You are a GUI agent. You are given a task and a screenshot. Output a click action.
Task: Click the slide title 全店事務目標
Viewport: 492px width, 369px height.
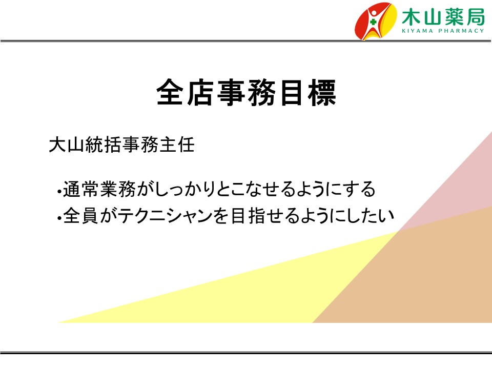pyautogui.click(x=247, y=93)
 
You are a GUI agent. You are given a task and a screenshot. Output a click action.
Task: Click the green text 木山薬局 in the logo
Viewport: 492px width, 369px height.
pyautogui.click(x=443, y=17)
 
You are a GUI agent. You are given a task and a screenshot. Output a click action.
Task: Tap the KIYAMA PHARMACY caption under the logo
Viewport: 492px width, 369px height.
pyautogui.click(x=443, y=31)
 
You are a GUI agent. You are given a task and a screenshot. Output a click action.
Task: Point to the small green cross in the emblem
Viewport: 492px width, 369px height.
pyautogui.click(x=373, y=22)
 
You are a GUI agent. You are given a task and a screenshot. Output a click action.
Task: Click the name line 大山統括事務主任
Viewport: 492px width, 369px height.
pyautogui.click(x=122, y=145)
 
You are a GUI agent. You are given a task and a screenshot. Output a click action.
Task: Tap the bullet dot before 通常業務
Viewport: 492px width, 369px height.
pyautogui.click(x=59, y=191)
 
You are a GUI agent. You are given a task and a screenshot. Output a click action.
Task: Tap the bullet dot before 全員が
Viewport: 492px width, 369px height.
pyautogui.click(x=59, y=218)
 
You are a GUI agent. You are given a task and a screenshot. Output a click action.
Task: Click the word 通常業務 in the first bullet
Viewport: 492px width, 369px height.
pyautogui.click(x=99, y=189)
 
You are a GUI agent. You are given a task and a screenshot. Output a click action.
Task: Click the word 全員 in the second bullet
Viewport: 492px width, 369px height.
pyautogui.click(x=81, y=216)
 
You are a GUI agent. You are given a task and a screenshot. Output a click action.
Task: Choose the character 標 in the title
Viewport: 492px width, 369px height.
pyautogui.click(x=322, y=93)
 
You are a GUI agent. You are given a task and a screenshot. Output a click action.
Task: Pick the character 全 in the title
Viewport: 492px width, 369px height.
pyautogui.click(x=170, y=93)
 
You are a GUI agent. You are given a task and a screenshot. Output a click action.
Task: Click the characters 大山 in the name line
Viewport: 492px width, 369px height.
pyautogui.click(x=67, y=145)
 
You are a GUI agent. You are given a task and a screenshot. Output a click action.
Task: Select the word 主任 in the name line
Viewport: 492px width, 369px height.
pyautogui.click(x=177, y=145)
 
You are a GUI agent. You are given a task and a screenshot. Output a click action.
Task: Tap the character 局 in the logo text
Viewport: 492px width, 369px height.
pyautogui.click(x=475, y=17)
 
